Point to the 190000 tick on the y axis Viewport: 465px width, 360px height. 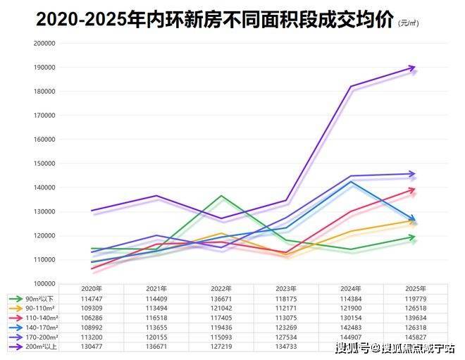point(44,68)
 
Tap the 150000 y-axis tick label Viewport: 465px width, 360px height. point(44,163)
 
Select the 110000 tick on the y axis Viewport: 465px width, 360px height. point(44,260)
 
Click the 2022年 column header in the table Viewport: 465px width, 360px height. point(221,289)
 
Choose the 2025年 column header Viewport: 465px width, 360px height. point(416,289)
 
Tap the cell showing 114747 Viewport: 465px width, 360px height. point(92,299)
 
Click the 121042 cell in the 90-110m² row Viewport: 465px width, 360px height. point(221,308)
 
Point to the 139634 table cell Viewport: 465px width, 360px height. point(416,318)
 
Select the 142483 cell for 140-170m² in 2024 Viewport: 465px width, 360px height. point(351,327)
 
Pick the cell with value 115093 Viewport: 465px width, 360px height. point(221,337)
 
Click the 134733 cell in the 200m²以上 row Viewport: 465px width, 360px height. point(286,346)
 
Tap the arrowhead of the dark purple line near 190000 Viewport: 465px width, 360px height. point(411,68)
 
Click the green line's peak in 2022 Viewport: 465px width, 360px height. point(221,196)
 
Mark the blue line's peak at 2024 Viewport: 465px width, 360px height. point(350,182)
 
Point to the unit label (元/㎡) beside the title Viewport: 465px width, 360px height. point(408,23)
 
